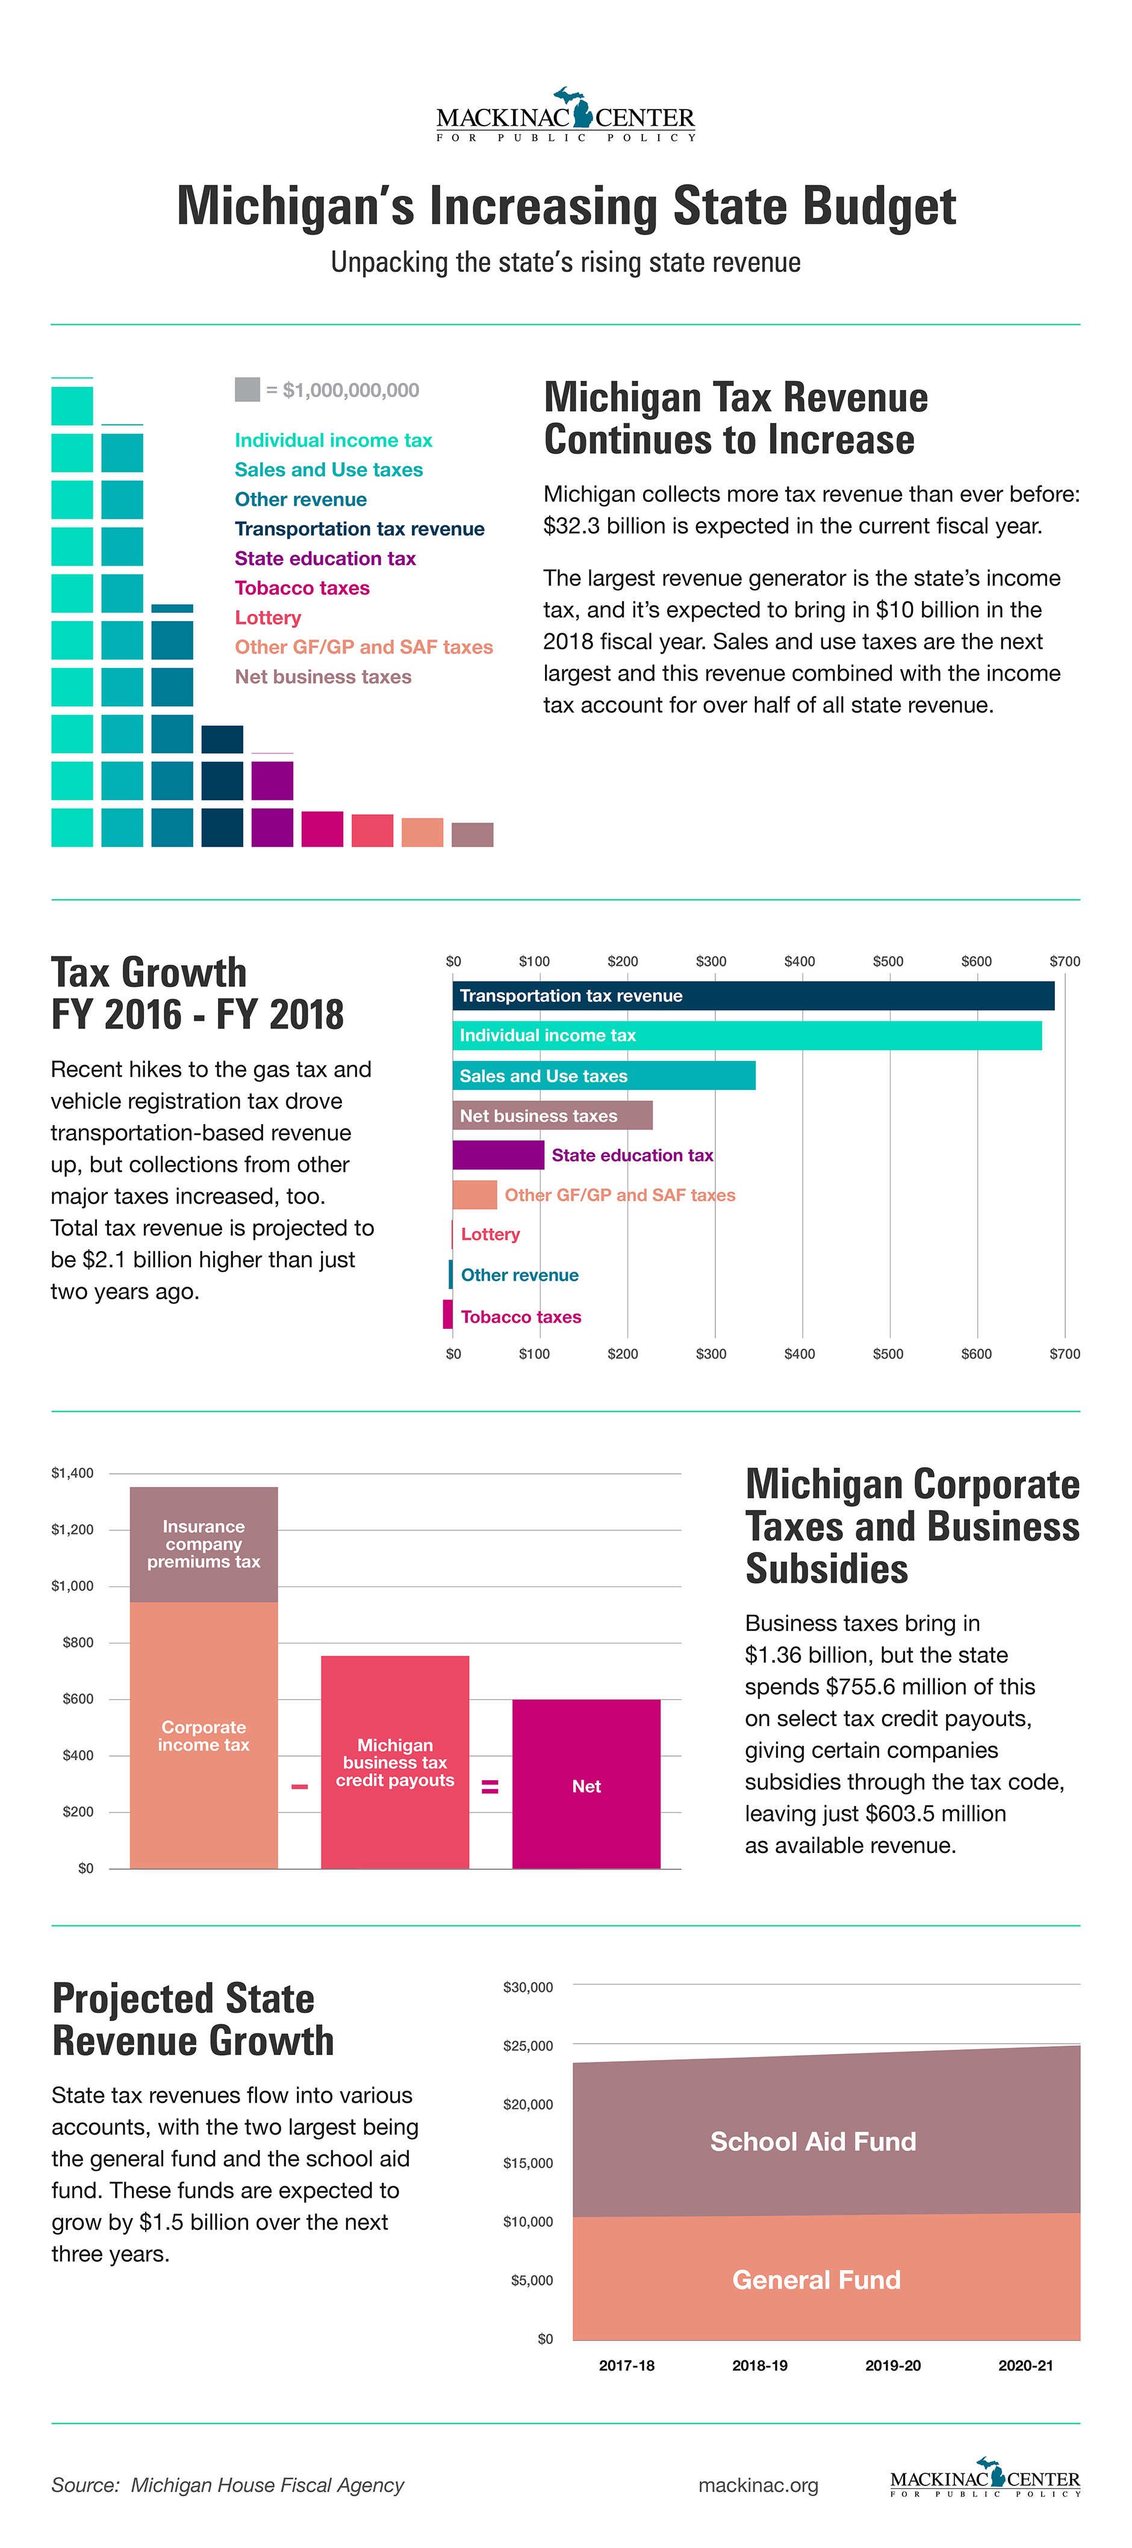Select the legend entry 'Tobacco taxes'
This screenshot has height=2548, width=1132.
pos(302,587)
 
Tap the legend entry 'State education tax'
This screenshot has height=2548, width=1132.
pos(325,558)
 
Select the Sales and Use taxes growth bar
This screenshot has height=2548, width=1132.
pos(603,1075)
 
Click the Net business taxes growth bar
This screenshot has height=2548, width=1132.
pos(552,1115)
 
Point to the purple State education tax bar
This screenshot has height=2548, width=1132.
pos(498,1154)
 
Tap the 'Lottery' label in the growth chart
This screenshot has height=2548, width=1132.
pos(490,1234)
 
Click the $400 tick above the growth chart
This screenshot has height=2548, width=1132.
pos(800,960)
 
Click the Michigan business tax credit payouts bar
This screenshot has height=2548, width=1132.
pos(395,1761)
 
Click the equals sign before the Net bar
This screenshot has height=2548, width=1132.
pos(490,1786)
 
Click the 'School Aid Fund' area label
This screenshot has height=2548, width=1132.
pos(813,2141)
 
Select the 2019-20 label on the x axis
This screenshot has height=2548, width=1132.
pos(892,2365)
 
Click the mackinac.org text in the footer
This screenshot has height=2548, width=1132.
pos(758,2485)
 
